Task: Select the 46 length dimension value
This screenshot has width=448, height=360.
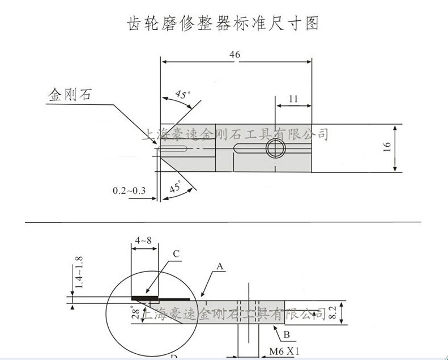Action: click(235, 54)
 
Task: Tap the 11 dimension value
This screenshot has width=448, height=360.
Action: click(293, 98)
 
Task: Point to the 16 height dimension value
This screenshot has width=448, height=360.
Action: click(387, 147)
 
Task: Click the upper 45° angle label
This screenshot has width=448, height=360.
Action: click(181, 94)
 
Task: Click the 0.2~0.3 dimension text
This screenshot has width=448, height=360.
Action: click(129, 190)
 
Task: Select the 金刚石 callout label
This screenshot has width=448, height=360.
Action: click(69, 95)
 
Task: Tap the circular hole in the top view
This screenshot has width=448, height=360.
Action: click(275, 149)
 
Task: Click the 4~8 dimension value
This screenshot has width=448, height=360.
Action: click(143, 240)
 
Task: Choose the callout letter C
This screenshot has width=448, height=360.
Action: click(176, 253)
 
